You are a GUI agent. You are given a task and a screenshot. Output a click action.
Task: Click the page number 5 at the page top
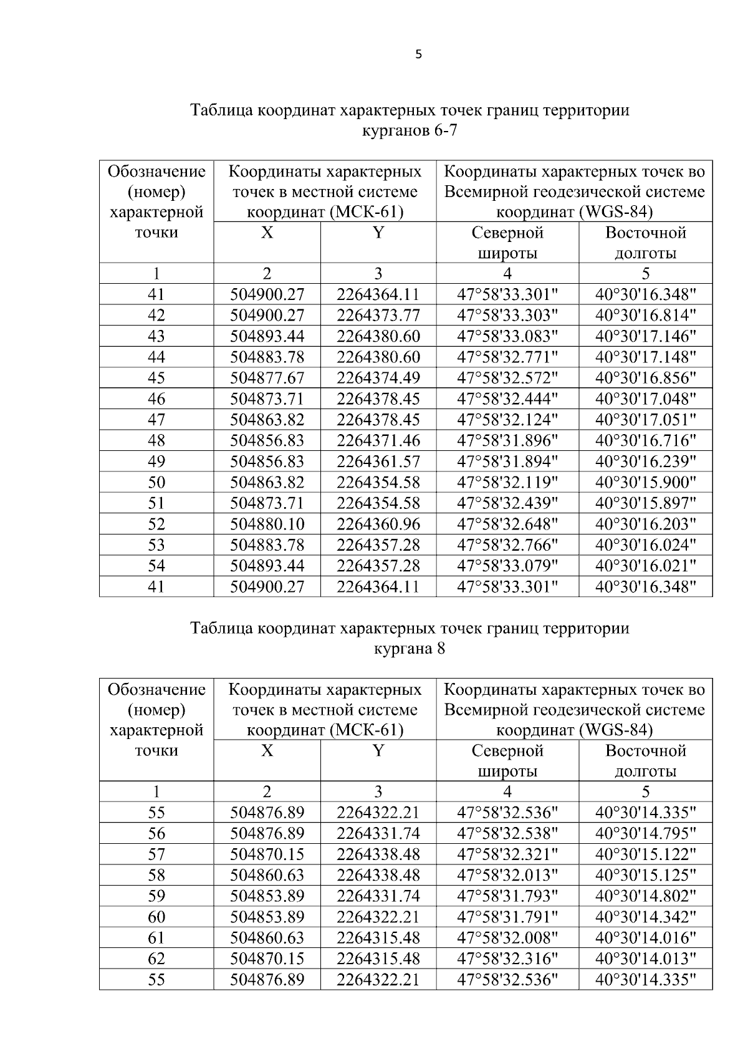[418, 55]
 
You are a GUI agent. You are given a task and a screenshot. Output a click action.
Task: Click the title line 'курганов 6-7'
[410, 131]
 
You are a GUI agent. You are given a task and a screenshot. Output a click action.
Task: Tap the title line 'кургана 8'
[410, 649]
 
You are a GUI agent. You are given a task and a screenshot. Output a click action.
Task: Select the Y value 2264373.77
[378, 316]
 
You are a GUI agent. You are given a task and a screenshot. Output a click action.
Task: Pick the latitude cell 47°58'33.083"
[507, 336]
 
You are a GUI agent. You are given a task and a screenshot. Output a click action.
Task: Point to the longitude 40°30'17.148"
[645, 357]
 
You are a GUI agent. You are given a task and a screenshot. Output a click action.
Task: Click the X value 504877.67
[267, 378]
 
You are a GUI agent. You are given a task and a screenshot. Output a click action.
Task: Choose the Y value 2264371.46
[378, 440]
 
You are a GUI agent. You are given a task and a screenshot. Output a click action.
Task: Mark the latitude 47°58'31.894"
[507, 462]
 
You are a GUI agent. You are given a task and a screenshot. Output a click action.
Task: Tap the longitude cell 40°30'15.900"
[645, 482]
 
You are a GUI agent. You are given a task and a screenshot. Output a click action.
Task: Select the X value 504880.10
[267, 524]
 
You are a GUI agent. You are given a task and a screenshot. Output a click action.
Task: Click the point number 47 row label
[156, 420]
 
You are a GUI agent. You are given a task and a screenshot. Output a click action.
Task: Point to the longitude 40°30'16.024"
[645, 545]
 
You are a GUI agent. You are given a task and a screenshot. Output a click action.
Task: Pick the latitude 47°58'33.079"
[507, 566]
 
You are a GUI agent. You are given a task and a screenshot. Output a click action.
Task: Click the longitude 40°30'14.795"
[645, 833]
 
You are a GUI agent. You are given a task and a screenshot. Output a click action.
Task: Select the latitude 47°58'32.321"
[507, 854]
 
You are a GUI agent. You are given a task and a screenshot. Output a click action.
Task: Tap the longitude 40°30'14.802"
[645, 896]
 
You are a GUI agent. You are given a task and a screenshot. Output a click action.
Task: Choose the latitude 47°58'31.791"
[507, 917]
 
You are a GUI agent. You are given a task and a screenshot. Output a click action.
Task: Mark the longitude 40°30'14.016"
[645, 937]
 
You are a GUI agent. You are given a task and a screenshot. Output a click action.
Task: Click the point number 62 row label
[156, 959]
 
